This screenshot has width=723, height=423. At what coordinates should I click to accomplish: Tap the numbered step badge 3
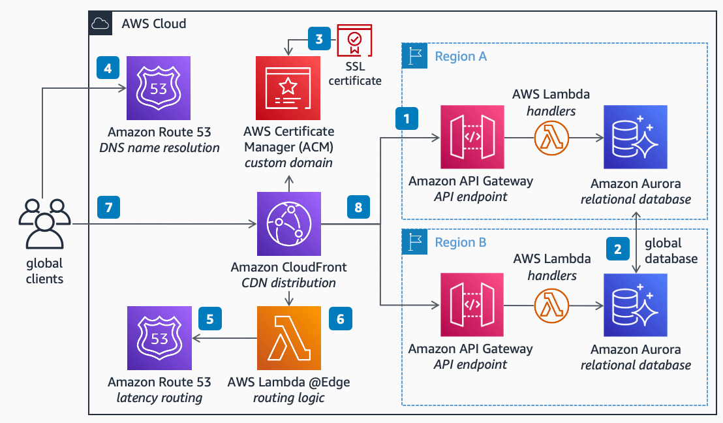coord(319,39)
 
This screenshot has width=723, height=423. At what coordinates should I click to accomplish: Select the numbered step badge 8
coord(358,208)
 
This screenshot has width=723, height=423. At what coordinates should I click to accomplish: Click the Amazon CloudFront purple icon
coord(288,224)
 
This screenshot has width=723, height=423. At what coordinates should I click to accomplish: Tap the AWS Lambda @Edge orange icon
coord(288,338)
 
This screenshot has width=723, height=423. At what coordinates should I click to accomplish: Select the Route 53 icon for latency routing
coord(159,338)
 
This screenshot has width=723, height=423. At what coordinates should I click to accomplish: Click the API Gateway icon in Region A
coord(472,137)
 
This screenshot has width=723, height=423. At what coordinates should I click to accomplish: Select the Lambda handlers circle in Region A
coord(551,137)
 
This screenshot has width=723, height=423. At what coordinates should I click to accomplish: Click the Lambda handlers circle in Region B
coord(551,305)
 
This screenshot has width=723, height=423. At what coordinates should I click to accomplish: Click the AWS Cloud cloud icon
coord(100,24)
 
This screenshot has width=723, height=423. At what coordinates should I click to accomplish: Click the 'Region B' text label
coord(461,242)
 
